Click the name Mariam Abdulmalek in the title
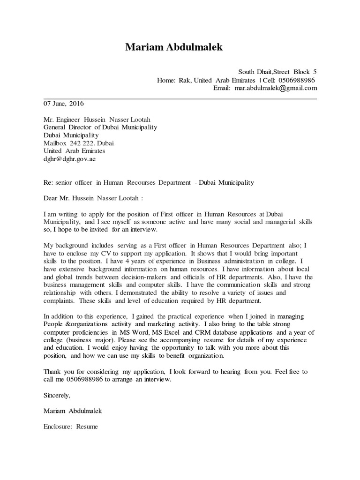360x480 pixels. point(174,47)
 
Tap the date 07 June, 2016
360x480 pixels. point(64,104)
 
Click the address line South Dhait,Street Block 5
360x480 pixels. point(277,72)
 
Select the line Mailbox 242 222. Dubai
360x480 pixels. point(78,143)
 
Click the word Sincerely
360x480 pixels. point(57,395)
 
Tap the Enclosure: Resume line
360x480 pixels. point(71,427)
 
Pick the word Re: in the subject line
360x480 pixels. point(48,182)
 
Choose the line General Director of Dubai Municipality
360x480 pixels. point(100,127)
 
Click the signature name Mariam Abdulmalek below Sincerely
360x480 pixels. point(73,411)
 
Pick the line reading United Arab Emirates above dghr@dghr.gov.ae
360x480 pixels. point(74,151)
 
